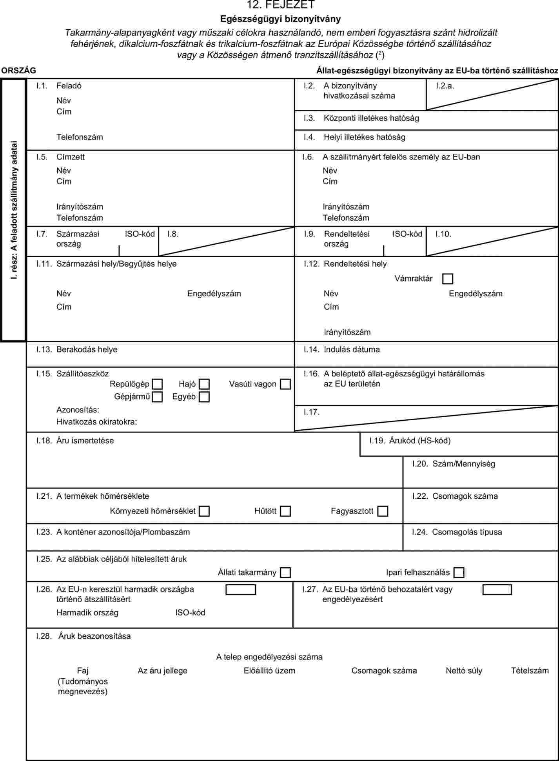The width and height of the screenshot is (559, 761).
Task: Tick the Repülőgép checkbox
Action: click(x=158, y=384)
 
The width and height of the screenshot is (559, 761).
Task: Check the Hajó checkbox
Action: click(x=204, y=384)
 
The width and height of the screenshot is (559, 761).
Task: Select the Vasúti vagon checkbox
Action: click(x=285, y=384)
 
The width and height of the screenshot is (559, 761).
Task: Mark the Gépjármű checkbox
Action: click(x=158, y=397)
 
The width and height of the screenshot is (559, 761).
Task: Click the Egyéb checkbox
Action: click(x=204, y=397)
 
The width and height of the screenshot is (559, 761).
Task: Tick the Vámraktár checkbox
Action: click(x=447, y=279)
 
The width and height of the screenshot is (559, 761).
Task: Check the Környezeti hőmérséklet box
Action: click(x=204, y=511)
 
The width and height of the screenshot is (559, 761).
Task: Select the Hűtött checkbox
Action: click(x=285, y=511)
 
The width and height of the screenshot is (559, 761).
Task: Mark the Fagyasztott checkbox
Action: click(x=383, y=511)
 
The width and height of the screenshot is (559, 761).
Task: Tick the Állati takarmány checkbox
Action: click(x=285, y=572)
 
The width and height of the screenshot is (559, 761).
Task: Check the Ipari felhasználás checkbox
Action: click(x=459, y=572)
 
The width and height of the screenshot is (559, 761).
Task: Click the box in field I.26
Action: click(x=241, y=590)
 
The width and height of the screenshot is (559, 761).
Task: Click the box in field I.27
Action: click(x=497, y=590)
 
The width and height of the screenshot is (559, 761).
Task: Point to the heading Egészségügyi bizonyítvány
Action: click(x=280, y=19)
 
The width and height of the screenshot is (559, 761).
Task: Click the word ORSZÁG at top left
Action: click(x=18, y=71)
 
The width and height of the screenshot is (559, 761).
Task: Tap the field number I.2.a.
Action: click(x=445, y=86)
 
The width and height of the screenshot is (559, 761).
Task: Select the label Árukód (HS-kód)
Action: click(x=420, y=441)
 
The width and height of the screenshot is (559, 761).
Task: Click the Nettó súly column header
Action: click(x=464, y=670)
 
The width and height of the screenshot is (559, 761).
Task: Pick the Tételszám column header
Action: click(x=530, y=670)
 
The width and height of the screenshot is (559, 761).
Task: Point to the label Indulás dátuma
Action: click(x=352, y=349)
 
